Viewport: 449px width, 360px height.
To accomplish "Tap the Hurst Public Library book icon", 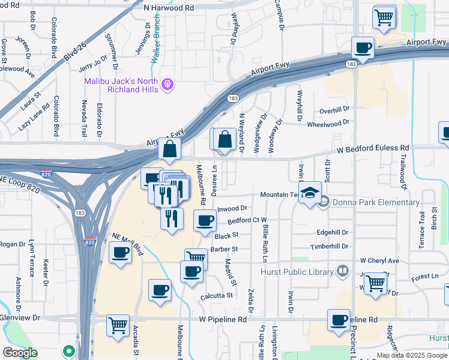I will [342, 272].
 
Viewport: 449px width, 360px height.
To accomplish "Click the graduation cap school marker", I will [310, 193].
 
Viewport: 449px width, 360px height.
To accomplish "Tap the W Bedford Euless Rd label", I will [372, 148].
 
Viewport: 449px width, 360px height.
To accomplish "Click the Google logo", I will [19, 353].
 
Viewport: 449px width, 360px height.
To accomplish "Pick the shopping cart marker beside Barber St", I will [195, 259].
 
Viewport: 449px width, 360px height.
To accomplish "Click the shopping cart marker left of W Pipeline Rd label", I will [118, 325].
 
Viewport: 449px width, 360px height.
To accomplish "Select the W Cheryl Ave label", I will [379, 261].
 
